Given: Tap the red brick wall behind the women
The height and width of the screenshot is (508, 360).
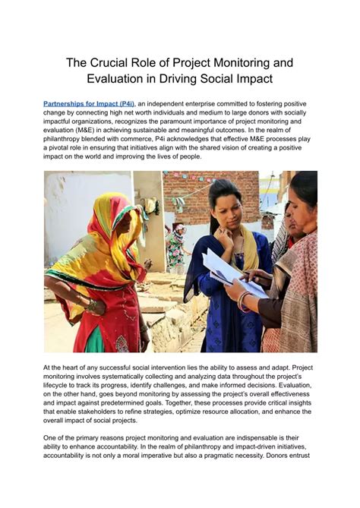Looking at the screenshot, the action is (x=190, y=190).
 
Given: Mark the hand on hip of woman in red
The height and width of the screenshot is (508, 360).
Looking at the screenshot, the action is (x=91, y=304).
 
